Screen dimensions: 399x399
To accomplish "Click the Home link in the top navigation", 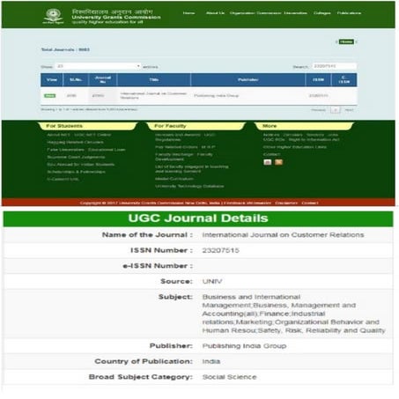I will (x=188, y=13).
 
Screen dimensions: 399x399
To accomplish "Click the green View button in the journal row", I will (x=51, y=95).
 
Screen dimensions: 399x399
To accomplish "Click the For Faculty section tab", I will (x=170, y=126).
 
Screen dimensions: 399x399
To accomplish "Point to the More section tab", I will (x=270, y=126).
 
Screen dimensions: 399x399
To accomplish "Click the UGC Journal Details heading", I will (x=199, y=218).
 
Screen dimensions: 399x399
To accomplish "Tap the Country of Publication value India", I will (x=211, y=362).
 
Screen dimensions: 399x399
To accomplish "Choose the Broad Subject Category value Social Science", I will (x=227, y=377).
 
